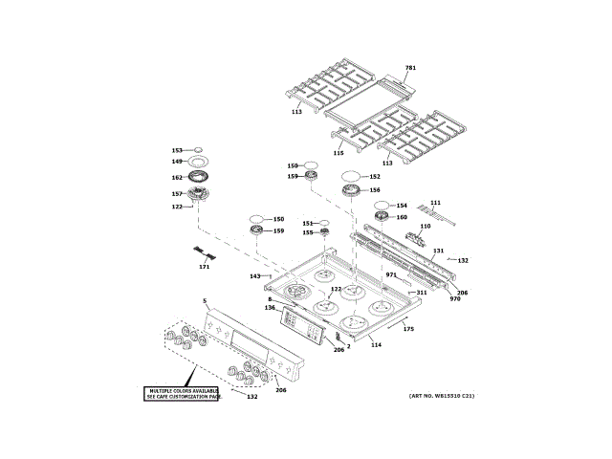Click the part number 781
coord(410,68)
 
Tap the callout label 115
coord(338,153)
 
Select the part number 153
coord(177,150)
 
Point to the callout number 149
coord(177,162)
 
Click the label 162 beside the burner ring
coord(177,177)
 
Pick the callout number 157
coord(177,194)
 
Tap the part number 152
coord(375,176)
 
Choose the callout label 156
coord(375,189)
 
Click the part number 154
coord(402,206)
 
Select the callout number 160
coord(402,217)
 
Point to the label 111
coord(435,203)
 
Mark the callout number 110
coord(425,227)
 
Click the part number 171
coord(204,267)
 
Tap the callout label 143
coord(255,276)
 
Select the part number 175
coord(408,329)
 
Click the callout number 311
coord(422,293)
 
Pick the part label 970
coord(455,299)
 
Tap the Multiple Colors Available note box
coord(183,393)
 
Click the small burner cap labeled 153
coord(198,149)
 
